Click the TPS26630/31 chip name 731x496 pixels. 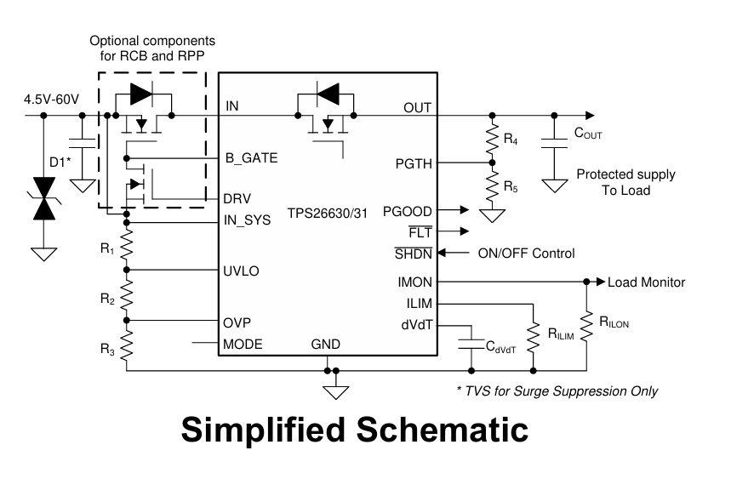[328, 214]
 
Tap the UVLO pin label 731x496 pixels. [241, 271]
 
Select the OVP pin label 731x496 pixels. [237, 322]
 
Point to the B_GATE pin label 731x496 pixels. [251, 158]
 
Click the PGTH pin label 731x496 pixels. [414, 164]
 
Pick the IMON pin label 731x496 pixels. [415, 282]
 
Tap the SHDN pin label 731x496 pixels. [414, 254]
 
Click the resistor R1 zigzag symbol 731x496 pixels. [126, 246]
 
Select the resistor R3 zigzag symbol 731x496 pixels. [126, 344]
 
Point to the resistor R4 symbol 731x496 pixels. [493, 139]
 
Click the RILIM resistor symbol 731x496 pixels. [533, 337]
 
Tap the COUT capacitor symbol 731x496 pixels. [554, 143]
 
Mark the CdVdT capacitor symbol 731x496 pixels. [471, 344]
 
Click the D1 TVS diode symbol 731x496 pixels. [44, 198]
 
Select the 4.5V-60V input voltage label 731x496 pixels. [52, 100]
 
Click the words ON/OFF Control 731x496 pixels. [527, 254]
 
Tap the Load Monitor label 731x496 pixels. [646, 282]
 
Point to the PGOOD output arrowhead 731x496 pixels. [465, 210]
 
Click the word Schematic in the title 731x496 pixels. [443, 430]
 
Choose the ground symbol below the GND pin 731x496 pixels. [335, 392]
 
